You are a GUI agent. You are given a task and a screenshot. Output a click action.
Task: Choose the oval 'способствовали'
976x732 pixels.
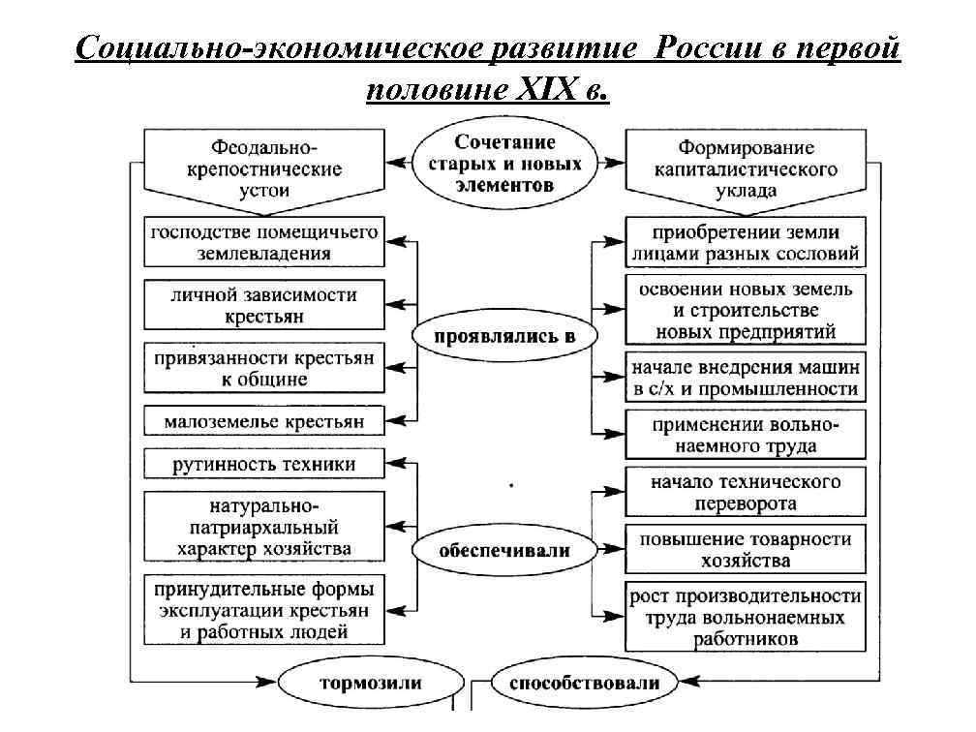point(584,683)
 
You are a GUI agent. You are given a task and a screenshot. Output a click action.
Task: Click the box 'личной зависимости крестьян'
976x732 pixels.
point(262,305)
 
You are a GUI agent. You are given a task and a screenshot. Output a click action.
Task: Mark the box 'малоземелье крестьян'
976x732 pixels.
point(262,422)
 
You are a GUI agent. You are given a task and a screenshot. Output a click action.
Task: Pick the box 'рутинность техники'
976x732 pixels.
point(262,465)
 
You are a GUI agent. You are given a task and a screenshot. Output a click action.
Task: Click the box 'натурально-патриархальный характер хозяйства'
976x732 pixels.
point(262,528)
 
